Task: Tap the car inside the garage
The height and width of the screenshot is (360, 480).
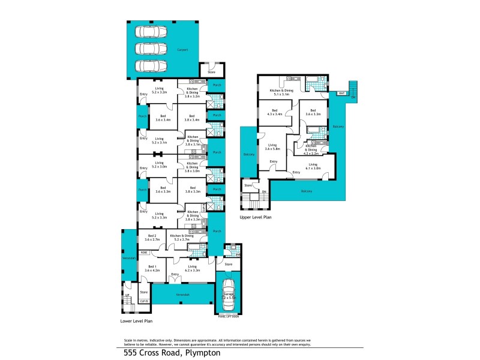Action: (x=228, y=293)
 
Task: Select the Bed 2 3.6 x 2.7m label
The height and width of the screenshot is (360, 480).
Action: (x=152, y=238)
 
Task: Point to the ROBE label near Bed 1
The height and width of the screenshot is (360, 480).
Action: (x=144, y=253)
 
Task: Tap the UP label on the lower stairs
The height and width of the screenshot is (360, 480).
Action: (x=127, y=295)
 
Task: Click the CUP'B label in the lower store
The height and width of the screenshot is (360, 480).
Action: (x=144, y=301)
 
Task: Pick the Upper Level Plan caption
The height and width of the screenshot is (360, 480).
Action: (x=256, y=217)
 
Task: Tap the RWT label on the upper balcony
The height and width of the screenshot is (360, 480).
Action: (x=341, y=94)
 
